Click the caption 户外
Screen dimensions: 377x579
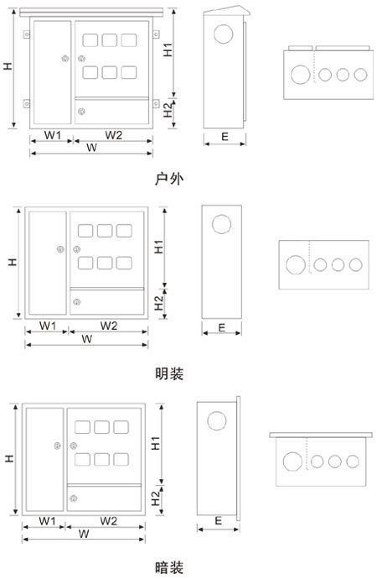tap(168, 179)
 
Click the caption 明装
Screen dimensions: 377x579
tap(168, 373)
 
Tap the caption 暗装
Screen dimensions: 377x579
tap(168, 567)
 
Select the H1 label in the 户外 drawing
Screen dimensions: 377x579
tap(168, 50)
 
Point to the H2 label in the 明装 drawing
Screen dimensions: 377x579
tap(159, 303)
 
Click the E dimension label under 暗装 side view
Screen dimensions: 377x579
tap(219, 520)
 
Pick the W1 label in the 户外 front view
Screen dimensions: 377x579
tap(53, 135)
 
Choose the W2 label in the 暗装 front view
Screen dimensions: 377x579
tap(109, 521)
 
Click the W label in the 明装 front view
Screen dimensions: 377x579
tap(87, 339)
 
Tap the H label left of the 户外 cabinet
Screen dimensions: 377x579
tap(8, 66)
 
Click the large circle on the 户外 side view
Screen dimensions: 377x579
tap(224, 34)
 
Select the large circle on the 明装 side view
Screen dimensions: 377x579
tap(221, 224)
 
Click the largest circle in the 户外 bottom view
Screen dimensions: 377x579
tap(301, 75)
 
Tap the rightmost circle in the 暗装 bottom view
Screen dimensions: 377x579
tap(353, 462)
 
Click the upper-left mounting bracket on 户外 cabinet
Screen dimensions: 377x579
tap(27, 34)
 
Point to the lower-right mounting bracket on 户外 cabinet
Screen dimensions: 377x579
tap(157, 104)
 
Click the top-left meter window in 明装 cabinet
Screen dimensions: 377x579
tap(85, 231)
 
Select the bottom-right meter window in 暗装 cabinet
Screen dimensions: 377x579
tap(121, 459)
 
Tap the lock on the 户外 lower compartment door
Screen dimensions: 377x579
tap(81, 111)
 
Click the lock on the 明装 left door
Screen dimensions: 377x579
tap(60, 249)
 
